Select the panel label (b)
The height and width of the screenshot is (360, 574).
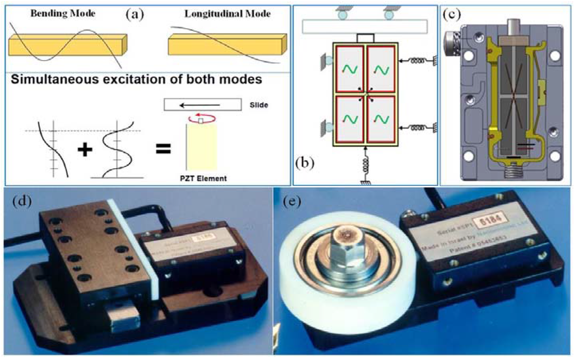click(x=306, y=163)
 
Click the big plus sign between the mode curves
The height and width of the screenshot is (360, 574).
click(x=85, y=150)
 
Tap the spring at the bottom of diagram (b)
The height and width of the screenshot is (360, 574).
click(x=366, y=164)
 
